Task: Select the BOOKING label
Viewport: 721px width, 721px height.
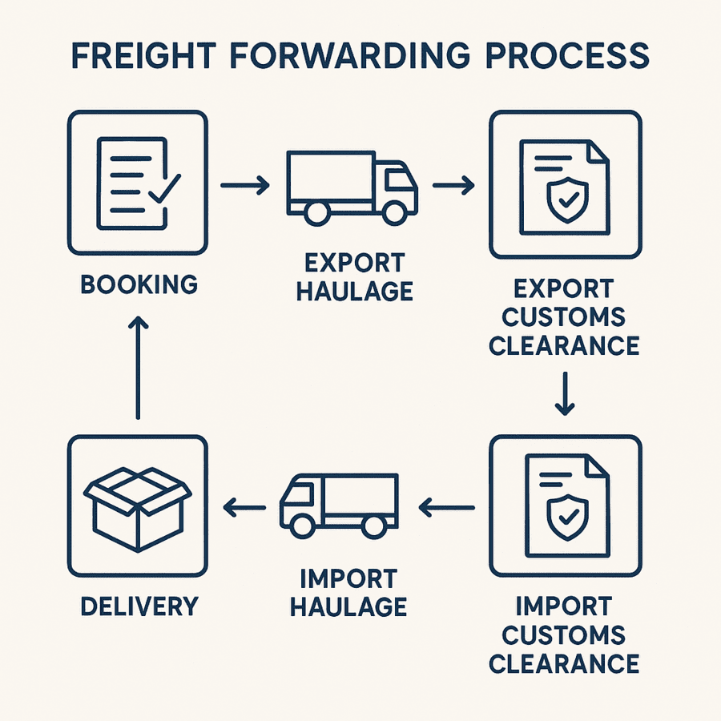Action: pos(139,284)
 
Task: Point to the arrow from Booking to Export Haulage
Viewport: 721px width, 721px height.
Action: pos(244,186)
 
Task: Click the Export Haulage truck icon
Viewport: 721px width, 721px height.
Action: pos(351,187)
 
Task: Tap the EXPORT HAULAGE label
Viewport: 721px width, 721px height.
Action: pos(354,276)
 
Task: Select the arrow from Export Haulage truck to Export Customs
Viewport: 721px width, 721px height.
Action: pos(453,186)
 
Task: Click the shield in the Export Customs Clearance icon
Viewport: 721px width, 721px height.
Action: pos(566,199)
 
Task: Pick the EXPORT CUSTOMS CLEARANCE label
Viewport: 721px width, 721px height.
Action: pos(564,316)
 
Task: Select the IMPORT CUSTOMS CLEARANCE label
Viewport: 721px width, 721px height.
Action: pos(564,634)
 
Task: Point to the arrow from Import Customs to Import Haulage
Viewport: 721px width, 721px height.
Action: pos(447,506)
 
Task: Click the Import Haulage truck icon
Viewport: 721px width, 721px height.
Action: pos(338,505)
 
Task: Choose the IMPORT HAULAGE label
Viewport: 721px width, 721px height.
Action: pos(348,592)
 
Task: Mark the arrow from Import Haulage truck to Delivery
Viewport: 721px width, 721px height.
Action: pos(245,506)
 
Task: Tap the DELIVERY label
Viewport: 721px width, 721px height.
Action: pos(139,606)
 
